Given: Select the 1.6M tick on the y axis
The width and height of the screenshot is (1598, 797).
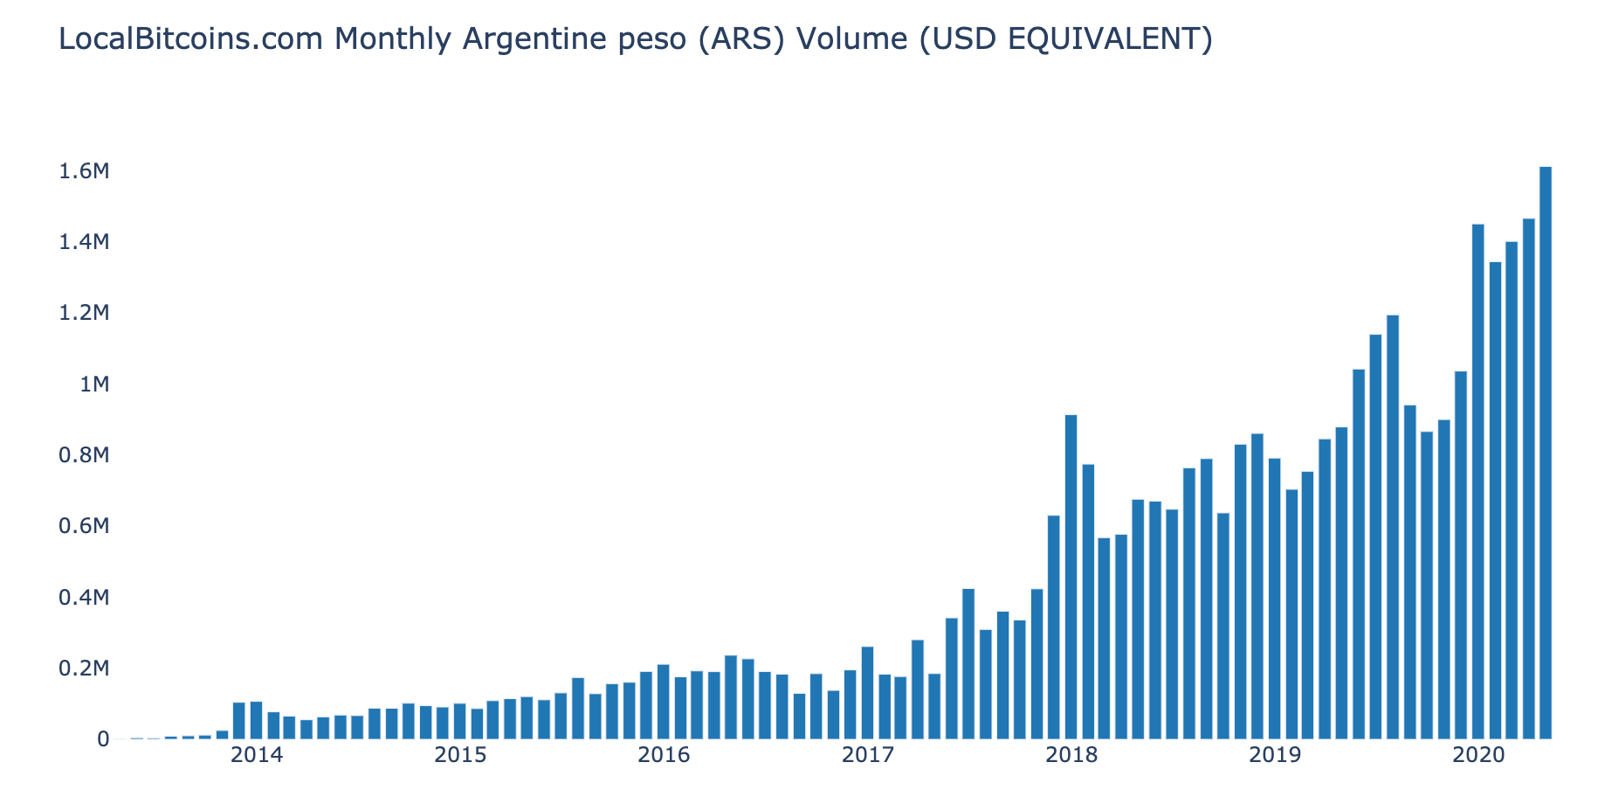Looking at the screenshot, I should pyautogui.click(x=84, y=171).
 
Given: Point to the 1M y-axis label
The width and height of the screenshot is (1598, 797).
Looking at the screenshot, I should pyautogui.click(x=93, y=385).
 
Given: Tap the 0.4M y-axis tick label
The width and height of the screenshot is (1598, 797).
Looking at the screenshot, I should pyautogui.click(x=84, y=598).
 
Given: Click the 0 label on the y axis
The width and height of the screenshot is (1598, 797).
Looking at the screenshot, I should pyautogui.click(x=103, y=739).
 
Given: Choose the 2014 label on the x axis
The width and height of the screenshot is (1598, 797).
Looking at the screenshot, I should pyautogui.click(x=256, y=755).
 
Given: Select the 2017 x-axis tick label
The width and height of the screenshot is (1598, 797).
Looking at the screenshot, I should pyautogui.click(x=867, y=755).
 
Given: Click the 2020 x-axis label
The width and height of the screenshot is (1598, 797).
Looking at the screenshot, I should pyautogui.click(x=1477, y=755).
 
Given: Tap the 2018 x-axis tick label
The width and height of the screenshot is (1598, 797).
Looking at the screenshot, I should pyautogui.click(x=1071, y=755).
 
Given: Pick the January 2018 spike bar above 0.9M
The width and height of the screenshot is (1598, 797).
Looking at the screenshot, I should pyautogui.click(x=1071, y=577).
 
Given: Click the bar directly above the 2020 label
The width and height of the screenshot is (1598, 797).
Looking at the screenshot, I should pyautogui.click(x=1477, y=482).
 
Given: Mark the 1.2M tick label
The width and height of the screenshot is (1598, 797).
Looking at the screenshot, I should pyautogui.click(x=84, y=313).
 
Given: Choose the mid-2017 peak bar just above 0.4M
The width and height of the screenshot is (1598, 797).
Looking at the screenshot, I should pyautogui.click(x=968, y=664).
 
